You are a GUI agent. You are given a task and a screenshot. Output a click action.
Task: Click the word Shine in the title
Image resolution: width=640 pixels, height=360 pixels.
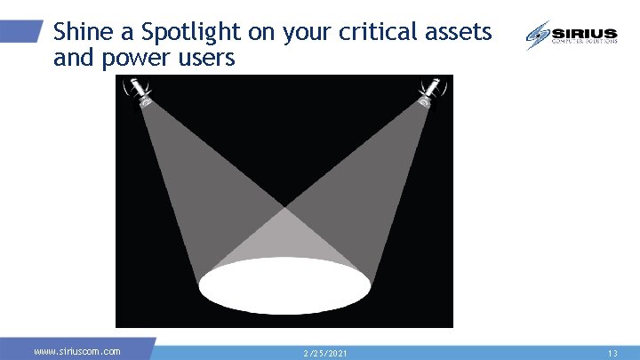[x=83, y=33]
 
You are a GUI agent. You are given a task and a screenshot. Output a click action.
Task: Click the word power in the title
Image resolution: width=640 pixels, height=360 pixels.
[x=124, y=60]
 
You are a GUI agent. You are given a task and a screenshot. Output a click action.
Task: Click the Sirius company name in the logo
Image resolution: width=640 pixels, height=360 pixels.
[x=584, y=32]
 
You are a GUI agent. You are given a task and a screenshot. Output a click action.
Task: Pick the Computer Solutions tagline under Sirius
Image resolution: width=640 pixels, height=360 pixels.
[x=584, y=42]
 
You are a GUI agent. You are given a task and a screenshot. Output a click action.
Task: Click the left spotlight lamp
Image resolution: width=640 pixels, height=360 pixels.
[x=140, y=92]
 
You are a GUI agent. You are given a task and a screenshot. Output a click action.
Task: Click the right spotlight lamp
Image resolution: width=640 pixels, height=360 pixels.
[x=430, y=92]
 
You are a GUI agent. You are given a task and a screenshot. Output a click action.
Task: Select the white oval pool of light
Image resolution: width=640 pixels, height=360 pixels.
[x=284, y=285]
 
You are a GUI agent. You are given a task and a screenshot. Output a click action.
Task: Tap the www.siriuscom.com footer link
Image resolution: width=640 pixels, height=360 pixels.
[x=77, y=352]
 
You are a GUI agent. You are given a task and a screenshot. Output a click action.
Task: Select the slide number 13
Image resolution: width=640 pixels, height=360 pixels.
[x=612, y=353]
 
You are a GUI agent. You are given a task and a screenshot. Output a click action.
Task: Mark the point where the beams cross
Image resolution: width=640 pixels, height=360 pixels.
[x=284, y=208]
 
